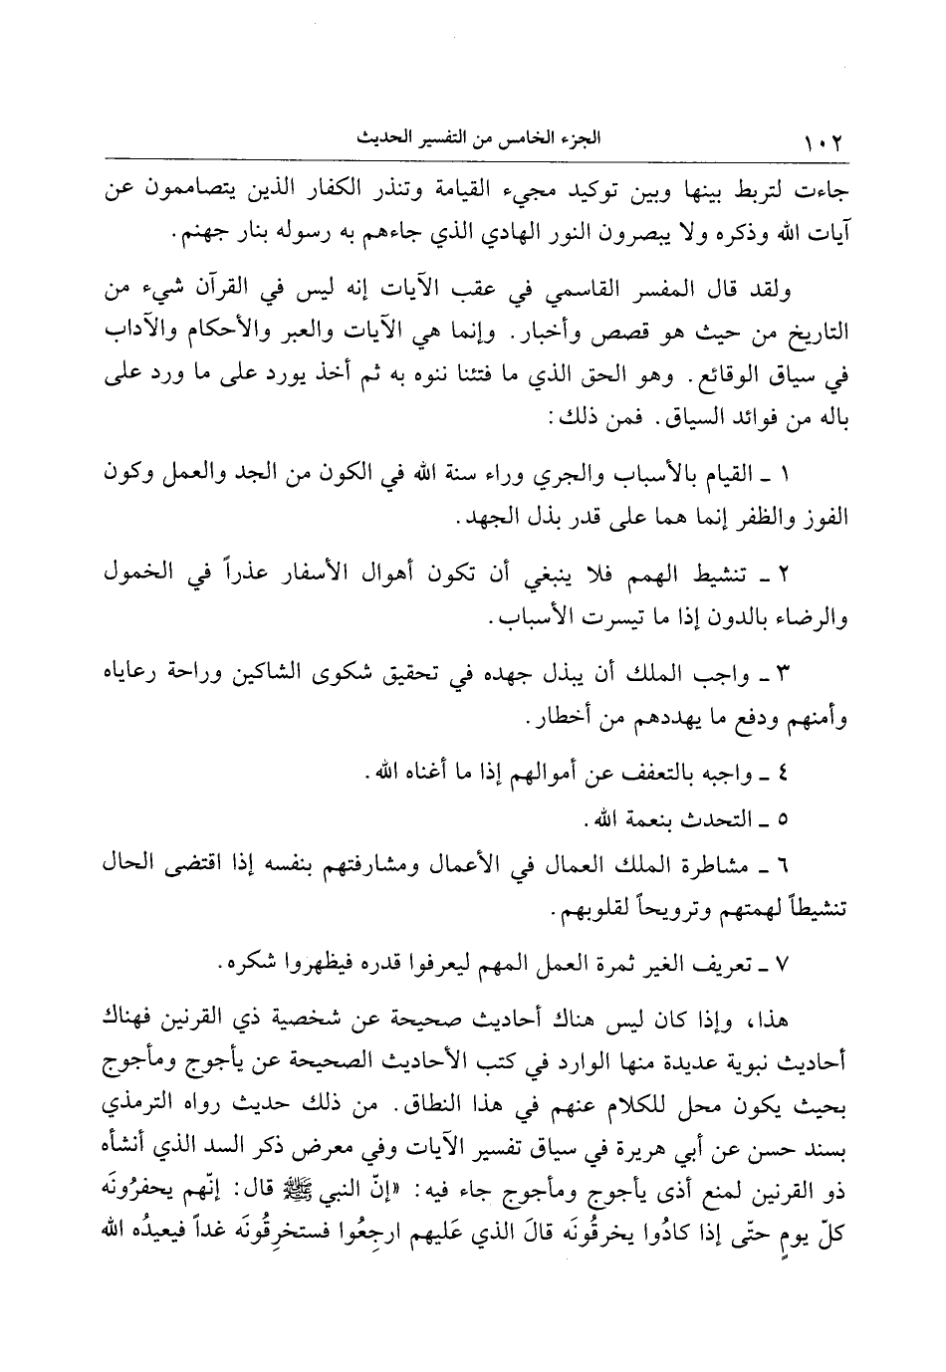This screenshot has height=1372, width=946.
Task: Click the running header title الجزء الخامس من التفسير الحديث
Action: [x=468, y=138]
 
